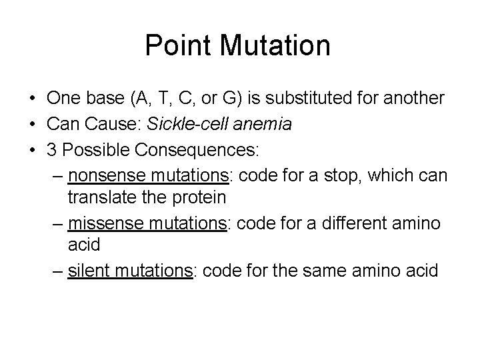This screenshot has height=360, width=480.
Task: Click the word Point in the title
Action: coord(175,46)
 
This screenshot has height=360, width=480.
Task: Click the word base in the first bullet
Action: coord(99,98)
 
